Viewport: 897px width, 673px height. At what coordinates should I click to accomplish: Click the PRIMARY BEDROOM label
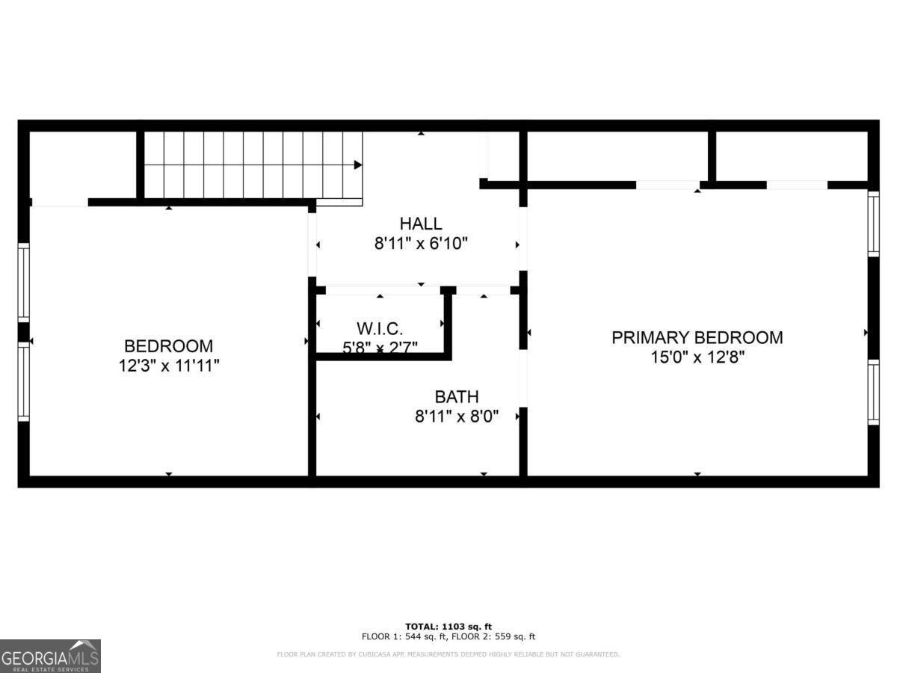[x=697, y=337]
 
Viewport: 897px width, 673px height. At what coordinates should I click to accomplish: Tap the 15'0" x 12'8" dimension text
[x=697, y=357]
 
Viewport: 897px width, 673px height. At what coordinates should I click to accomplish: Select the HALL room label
[x=420, y=224]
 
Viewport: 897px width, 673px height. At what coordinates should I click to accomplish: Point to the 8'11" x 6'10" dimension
[x=421, y=243]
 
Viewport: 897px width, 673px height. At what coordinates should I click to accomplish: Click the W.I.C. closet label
[x=380, y=328]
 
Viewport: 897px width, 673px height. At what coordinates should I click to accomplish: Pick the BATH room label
[x=457, y=397]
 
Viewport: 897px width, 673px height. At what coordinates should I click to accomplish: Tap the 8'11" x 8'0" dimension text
[x=457, y=416]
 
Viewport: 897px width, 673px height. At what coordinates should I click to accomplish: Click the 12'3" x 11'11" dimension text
[x=168, y=366]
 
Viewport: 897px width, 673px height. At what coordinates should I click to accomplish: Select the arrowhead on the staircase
[x=358, y=165]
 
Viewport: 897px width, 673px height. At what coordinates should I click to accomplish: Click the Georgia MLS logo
[x=50, y=656]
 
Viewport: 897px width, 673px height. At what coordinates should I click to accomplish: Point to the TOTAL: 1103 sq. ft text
[x=449, y=626]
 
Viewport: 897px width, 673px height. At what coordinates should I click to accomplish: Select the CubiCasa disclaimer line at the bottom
[x=449, y=654]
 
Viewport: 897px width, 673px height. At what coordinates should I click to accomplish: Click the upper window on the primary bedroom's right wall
[x=872, y=224]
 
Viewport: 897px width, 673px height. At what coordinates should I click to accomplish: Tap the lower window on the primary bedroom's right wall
[x=872, y=392]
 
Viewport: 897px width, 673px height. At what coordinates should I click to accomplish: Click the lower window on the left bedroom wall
[x=24, y=381]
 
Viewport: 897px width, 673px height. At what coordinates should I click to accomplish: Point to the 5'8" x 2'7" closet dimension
[x=380, y=347]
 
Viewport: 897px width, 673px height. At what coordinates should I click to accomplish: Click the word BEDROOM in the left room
[x=168, y=346]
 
